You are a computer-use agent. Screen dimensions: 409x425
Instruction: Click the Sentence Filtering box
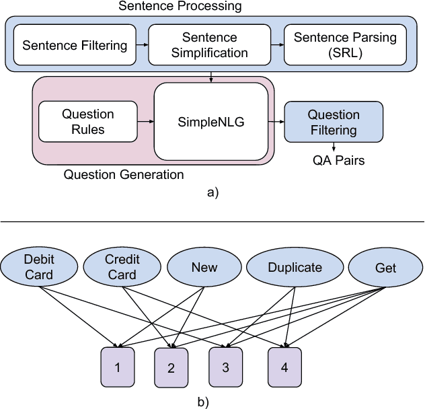coord(75,45)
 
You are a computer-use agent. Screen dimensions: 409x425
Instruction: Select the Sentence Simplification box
coord(209,45)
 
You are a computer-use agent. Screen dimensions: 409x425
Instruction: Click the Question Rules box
coord(88,121)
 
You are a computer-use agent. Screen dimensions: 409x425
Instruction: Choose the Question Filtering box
coord(334,122)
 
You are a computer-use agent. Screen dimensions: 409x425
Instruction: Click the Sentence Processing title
coord(180,7)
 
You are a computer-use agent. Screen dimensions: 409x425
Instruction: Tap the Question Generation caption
coord(123,175)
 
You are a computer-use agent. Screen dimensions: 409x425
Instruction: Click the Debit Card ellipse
coord(38,266)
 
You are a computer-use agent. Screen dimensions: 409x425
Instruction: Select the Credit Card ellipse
coord(122,266)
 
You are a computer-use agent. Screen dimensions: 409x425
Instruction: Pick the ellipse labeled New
coord(204,267)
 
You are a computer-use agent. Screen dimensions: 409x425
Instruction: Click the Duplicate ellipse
coord(295,267)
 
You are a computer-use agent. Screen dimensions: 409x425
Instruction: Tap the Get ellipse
coord(386,267)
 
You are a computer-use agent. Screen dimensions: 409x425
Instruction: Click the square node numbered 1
coord(118,367)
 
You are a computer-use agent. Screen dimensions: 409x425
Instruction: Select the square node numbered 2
coord(171,369)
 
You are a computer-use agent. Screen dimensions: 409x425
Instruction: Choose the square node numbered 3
coord(225,367)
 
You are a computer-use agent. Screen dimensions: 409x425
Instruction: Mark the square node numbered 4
coord(284,367)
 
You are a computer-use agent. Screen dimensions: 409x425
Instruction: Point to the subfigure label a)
coord(212,192)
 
